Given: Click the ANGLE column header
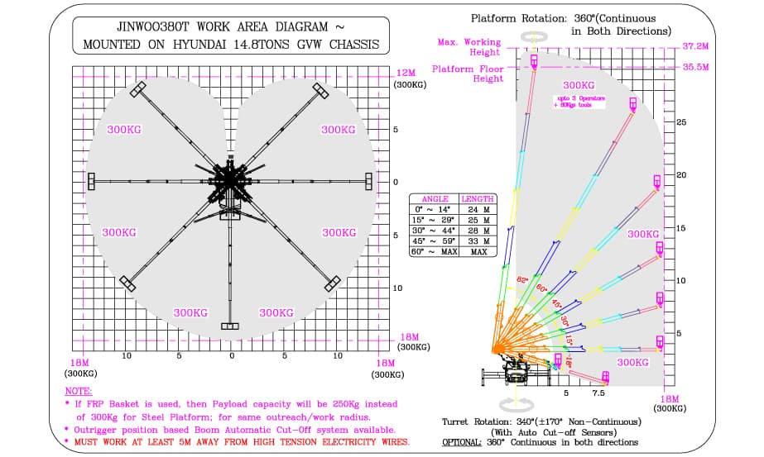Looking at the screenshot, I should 435,199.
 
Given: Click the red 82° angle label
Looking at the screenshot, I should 521,282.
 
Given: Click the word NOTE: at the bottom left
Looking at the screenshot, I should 79,390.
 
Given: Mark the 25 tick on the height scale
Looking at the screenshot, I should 681,122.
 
